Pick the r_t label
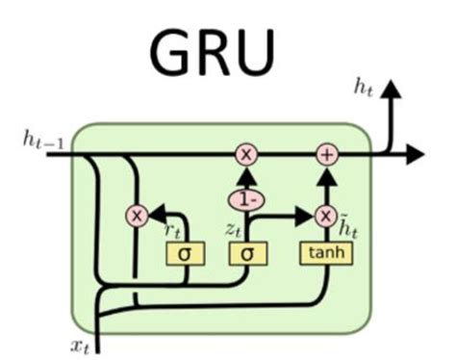tap(173, 230)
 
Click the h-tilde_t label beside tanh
tap(347, 229)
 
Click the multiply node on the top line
tap(245, 153)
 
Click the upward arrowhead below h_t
tap(392, 90)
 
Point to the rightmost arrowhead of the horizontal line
tap(417, 153)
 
